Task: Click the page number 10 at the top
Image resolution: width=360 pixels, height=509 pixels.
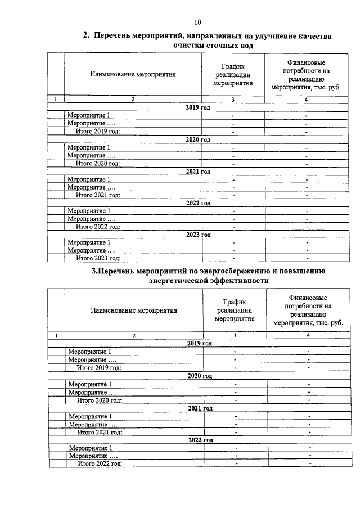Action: coord(197,22)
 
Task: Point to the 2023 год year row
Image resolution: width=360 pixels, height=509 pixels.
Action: coord(198,235)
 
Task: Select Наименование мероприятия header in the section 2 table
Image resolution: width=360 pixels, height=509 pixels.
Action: coord(133,74)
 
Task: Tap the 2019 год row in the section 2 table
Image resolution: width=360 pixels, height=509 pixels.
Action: coord(198,107)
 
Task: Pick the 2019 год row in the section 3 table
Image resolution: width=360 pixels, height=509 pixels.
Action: coord(199,343)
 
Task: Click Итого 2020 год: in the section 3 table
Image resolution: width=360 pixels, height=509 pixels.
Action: coord(100,400)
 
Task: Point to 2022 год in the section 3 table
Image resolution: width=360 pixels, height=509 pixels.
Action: coord(199,439)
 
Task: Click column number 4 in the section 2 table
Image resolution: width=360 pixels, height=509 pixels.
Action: coord(306,100)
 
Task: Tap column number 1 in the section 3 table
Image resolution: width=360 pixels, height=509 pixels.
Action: coord(56,335)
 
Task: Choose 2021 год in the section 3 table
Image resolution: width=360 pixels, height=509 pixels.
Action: coord(199,408)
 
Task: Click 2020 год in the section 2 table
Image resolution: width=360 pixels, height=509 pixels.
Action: coord(198,139)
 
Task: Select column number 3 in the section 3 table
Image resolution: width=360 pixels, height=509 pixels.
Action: coord(235,335)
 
